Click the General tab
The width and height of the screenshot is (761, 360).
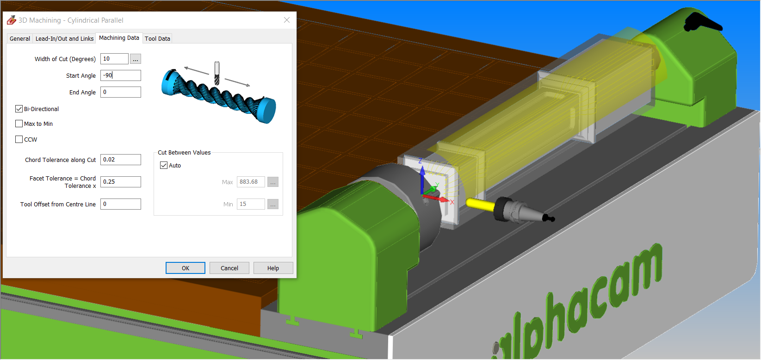pos(20,38)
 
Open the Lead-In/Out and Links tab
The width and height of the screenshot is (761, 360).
pos(64,38)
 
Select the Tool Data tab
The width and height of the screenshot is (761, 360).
pos(157,38)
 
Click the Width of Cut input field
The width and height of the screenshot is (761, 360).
pos(114,59)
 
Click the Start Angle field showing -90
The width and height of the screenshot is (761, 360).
pos(121,75)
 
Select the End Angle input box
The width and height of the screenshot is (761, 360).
pos(121,92)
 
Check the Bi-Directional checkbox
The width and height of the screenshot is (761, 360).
pos(19,109)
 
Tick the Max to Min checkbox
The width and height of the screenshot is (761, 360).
pos(19,124)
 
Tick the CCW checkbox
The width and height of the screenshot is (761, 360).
pos(19,139)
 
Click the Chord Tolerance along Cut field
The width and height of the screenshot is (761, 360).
pos(121,160)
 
